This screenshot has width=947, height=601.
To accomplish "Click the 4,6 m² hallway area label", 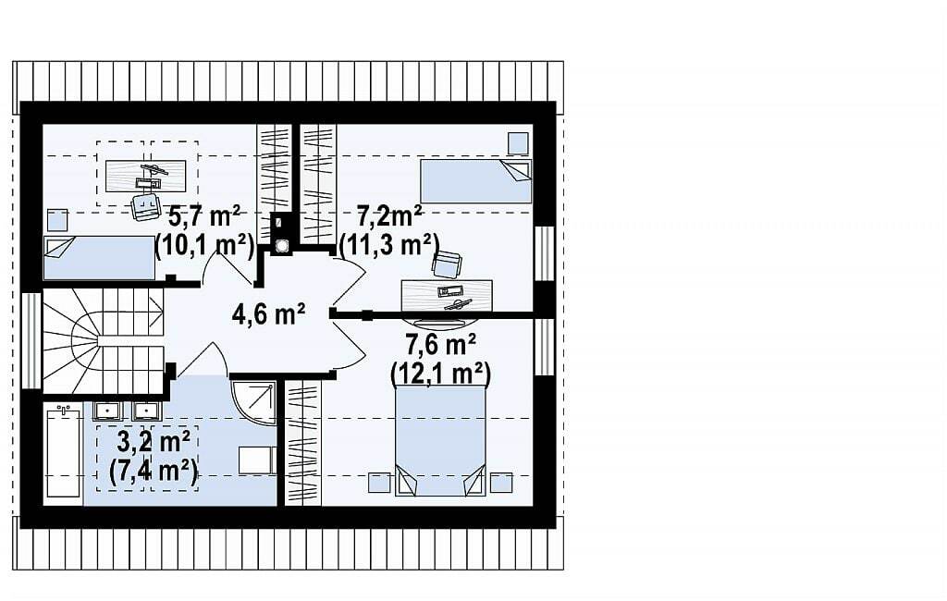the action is (268, 314).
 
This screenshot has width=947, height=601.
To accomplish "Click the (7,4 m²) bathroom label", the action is (154, 472).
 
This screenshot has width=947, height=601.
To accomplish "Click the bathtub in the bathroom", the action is (64, 452).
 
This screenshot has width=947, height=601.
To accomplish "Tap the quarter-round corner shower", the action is (253, 403).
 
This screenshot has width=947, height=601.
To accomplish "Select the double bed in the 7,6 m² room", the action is (440, 440).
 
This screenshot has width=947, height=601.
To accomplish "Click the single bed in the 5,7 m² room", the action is (100, 258).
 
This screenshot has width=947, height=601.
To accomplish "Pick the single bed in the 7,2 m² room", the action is (476, 181).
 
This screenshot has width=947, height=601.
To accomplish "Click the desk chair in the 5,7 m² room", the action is (145, 207).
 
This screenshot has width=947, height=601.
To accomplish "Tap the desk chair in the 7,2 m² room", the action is (447, 264).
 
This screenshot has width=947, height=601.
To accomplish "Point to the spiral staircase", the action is (104, 340).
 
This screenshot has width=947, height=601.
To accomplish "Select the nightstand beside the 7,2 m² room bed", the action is (518, 143).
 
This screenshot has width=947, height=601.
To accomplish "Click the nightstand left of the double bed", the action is (380, 483).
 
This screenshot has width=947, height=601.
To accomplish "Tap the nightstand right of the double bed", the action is (501, 483).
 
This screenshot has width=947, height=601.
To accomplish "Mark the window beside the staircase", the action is (31, 340).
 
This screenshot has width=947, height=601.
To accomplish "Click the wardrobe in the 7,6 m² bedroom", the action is (302, 443).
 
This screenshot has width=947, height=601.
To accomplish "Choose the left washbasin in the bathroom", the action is (108, 411).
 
